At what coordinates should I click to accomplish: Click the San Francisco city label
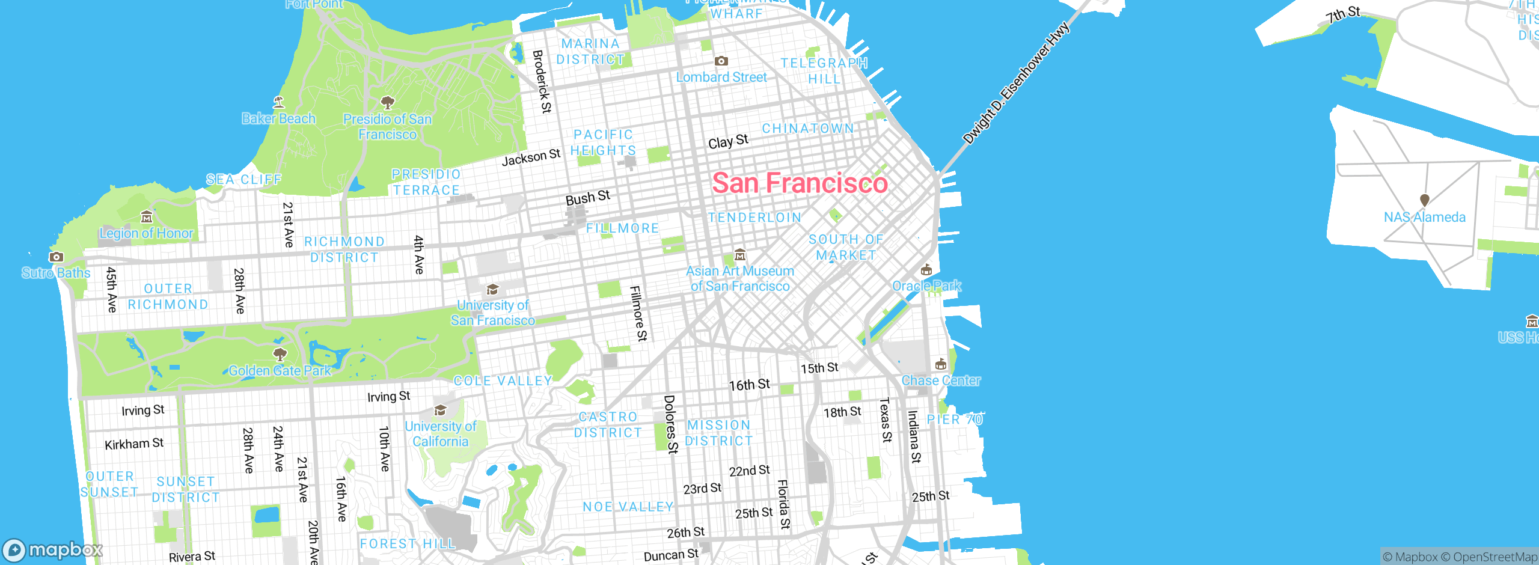point(800,183)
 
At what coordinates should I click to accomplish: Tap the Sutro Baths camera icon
point(56,257)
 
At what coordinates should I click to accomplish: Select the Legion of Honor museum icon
point(146,216)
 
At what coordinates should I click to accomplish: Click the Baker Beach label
point(278,119)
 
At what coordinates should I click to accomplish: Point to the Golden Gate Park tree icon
point(280,353)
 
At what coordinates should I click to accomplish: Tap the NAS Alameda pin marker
point(1424,200)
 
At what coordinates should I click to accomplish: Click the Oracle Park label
point(926,286)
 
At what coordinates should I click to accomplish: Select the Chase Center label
point(941,380)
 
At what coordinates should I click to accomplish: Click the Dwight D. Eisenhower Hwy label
point(1015,83)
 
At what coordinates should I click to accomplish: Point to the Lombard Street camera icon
point(721,61)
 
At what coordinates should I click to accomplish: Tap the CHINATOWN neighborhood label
point(807,129)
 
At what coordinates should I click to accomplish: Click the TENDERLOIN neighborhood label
point(754,218)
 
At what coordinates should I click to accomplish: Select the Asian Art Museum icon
point(740,255)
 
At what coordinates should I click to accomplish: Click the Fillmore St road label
point(638,313)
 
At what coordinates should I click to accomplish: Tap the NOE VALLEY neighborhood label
point(628,507)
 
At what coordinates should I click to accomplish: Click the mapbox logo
point(52,550)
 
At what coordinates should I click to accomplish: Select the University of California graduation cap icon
point(440,410)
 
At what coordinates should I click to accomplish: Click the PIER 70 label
point(955,420)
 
